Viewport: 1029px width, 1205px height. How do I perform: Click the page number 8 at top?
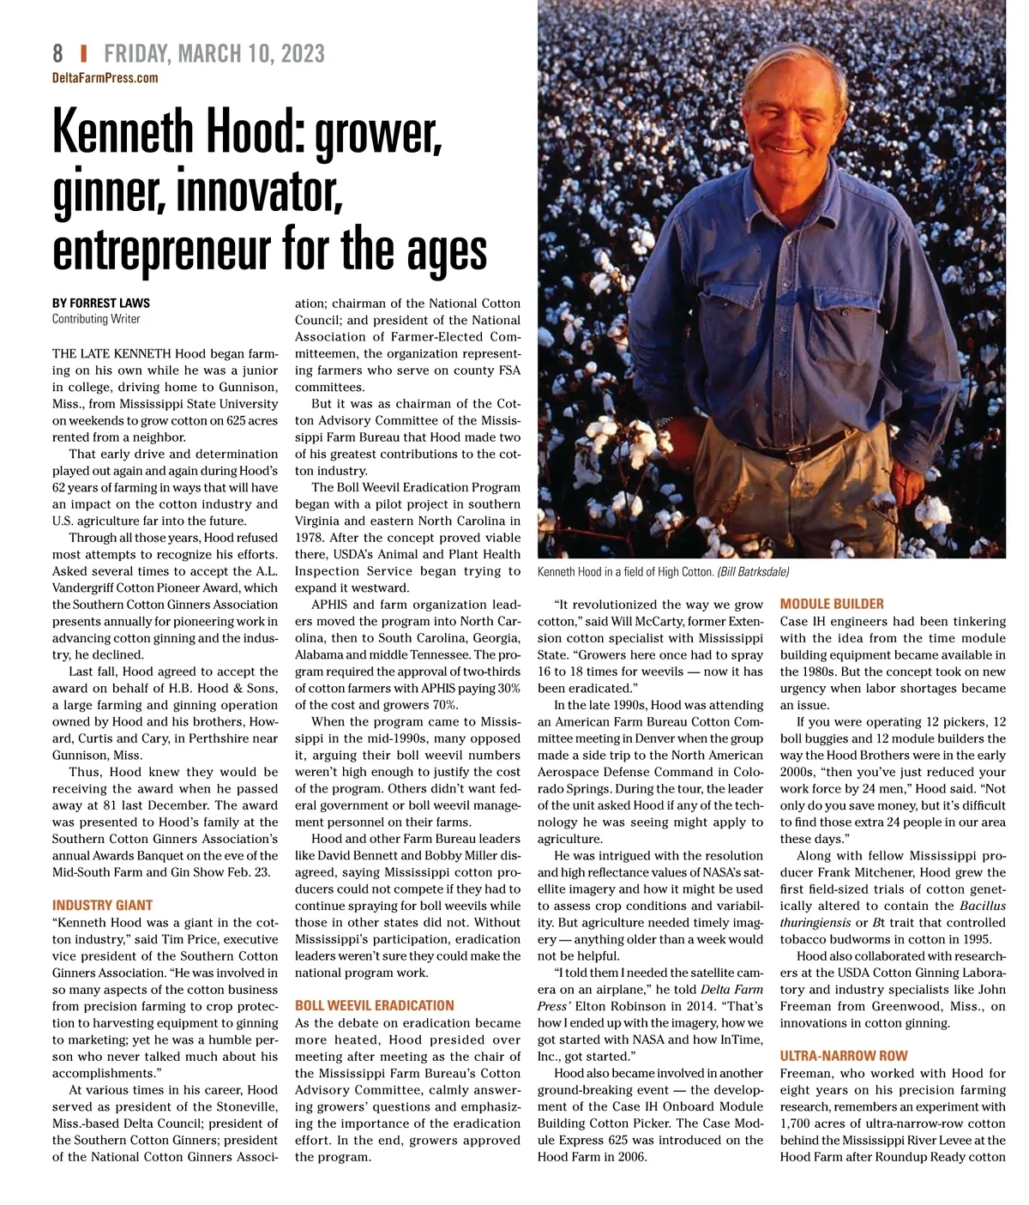(x=57, y=54)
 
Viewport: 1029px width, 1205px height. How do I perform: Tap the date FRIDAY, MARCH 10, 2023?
(x=214, y=54)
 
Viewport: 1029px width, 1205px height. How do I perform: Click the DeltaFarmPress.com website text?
(x=105, y=78)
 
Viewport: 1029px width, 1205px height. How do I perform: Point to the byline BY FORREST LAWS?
(x=101, y=303)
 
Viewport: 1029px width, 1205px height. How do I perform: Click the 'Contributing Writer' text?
(x=95, y=319)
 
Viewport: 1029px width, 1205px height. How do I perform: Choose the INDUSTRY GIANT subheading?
(x=102, y=905)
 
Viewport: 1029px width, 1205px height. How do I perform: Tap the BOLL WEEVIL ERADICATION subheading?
(x=374, y=1005)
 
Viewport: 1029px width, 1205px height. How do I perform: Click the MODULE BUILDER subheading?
(x=831, y=604)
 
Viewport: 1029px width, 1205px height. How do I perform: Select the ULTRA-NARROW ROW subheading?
(x=843, y=1056)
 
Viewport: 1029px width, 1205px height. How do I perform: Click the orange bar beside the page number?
(x=83, y=54)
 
